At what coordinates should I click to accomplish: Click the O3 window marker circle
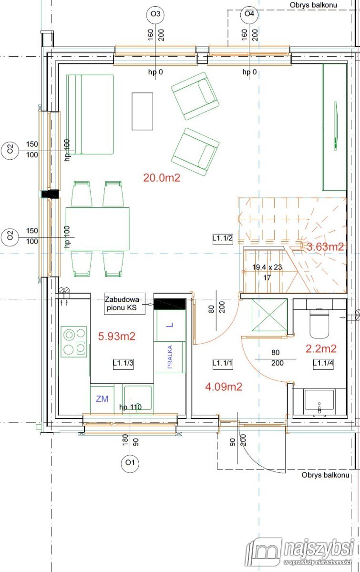155,13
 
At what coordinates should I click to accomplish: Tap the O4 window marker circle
249,13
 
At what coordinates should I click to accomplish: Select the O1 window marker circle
130,462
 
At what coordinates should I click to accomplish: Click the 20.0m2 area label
162,177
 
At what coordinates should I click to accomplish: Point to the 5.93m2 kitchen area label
117,337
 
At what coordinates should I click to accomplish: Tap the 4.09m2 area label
224,387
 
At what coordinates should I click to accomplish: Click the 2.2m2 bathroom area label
321,348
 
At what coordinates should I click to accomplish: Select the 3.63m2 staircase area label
325,247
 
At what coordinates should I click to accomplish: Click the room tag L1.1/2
223,239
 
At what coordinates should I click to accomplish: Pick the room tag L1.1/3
123,363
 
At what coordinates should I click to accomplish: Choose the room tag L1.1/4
323,363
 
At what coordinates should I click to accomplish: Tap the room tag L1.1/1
223,363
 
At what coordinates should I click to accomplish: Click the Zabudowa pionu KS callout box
124,303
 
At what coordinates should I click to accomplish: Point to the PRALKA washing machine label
170,357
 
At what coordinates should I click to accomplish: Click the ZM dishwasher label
102,398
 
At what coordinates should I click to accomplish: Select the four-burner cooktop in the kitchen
74,342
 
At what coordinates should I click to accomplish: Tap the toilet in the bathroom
319,323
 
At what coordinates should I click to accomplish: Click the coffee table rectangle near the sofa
142,112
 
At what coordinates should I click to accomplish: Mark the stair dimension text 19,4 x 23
267,267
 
